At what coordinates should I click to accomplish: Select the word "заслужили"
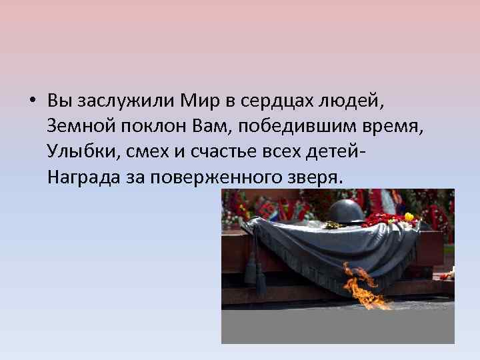coord(117,102)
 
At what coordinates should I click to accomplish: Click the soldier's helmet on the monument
coord(346,211)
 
